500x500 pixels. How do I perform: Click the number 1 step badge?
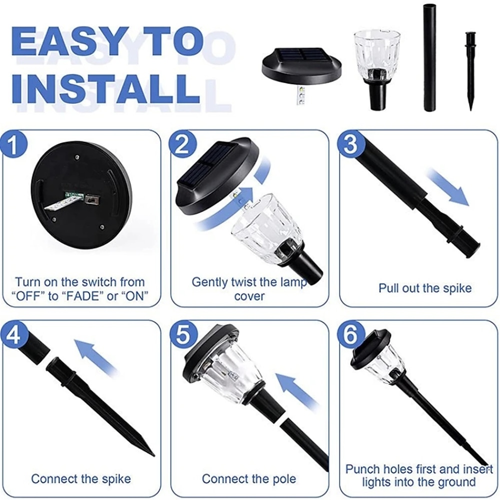click(13, 145)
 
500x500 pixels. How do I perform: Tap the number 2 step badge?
click(182, 144)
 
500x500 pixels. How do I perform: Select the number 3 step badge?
click(351, 144)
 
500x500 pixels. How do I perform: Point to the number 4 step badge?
click(13, 335)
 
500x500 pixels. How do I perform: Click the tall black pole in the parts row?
click(430, 57)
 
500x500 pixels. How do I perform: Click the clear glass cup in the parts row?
click(377, 68)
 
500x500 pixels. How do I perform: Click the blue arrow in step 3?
click(448, 187)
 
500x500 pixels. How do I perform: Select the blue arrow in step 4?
click(95, 356)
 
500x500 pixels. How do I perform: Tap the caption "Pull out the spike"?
click(424, 288)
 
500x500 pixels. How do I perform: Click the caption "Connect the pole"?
click(248, 478)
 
